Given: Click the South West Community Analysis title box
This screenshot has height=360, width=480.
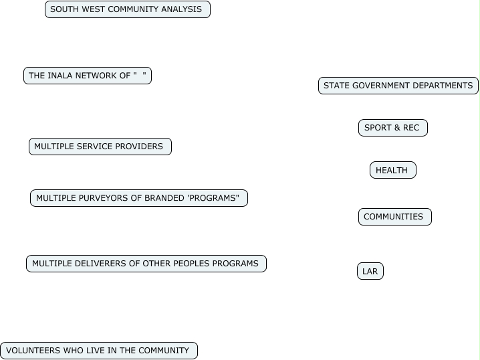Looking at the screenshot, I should click(127, 9).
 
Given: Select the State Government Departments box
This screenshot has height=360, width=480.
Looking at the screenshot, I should click(398, 86).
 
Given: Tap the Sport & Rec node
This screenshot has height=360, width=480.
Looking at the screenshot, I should click(392, 128).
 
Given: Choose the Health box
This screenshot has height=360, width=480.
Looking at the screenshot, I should click(392, 171).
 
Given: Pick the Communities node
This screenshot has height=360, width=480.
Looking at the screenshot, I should click(394, 217).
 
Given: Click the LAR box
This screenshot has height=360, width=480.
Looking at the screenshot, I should click(370, 272).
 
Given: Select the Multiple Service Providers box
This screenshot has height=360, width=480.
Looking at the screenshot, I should click(100, 147).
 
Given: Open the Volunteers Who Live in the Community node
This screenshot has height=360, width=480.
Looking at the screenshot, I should click(98, 351).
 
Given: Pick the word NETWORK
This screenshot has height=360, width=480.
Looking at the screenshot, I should click(96, 76).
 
